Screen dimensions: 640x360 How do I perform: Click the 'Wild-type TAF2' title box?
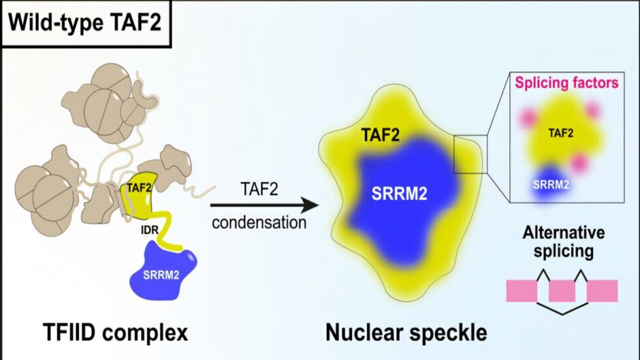(x=86, y=23)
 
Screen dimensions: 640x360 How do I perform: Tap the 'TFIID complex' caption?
(x=115, y=333)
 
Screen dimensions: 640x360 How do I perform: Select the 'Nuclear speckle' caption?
(x=406, y=333)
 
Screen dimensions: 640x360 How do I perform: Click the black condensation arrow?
(x=265, y=206)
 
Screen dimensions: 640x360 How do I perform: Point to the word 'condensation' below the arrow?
(x=259, y=223)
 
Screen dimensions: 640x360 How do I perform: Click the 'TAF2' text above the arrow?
(x=259, y=189)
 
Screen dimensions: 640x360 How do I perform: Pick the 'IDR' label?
(x=149, y=231)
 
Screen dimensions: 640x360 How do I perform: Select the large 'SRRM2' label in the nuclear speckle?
(x=399, y=194)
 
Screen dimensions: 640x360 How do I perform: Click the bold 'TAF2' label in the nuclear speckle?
(x=380, y=135)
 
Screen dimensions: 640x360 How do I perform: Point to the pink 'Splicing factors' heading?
(x=567, y=83)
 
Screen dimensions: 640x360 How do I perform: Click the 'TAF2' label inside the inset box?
(x=561, y=133)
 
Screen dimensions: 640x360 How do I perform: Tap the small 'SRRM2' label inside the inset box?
(x=551, y=184)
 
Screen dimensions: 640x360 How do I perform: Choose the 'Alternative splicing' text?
(x=564, y=242)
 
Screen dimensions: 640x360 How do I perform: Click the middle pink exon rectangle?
(x=562, y=290)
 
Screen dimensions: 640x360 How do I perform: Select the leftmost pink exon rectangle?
(x=522, y=290)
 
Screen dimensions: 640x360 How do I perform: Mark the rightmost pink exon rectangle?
(x=602, y=290)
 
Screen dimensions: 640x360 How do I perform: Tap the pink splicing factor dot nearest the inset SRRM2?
(x=578, y=163)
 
